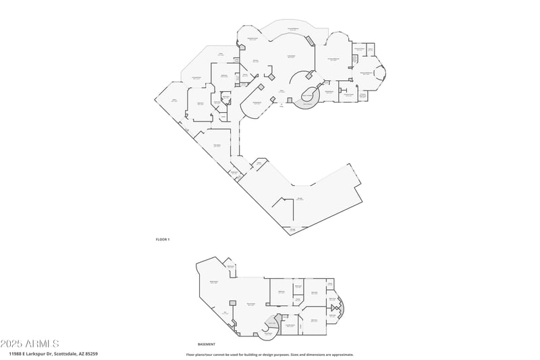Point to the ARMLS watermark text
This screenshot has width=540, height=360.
click(x=30, y=344)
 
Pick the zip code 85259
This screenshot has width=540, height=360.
click(x=92, y=354)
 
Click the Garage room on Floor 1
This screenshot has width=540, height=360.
click(x=299, y=199)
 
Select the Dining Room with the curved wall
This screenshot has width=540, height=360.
click(x=256, y=103)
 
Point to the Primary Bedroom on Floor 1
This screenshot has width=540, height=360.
click(x=333, y=60)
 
